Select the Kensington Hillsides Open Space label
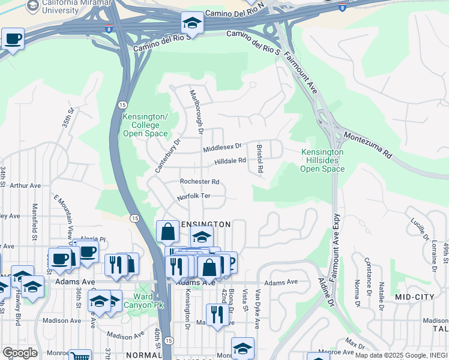pos(322,160)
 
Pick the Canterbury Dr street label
pos(167,157)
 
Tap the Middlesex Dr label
pos(221,146)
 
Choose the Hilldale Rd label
pos(231,161)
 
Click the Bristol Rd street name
pos(260,158)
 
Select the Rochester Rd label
pos(200,182)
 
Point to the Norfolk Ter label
pos(193,197)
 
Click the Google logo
pos(20,352)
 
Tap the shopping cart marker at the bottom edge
pos(80,355)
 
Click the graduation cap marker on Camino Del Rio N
pos(192,23)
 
